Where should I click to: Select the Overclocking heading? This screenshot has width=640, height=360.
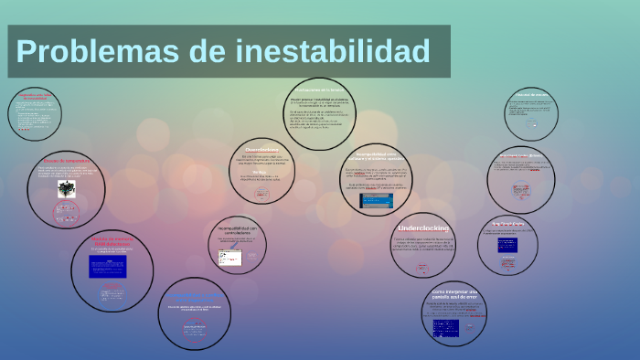tap(267, 149)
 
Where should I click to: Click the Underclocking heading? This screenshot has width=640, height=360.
tap(422, 228)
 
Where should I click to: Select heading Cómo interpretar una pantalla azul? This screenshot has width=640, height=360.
tap(454, 296)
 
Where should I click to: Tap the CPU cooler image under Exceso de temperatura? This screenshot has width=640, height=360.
tap(66, 189)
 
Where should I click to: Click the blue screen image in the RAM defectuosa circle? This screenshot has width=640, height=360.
tap(107, 266)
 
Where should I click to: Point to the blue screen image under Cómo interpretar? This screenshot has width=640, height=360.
tap(446, 327)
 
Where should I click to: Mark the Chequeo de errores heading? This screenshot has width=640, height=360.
tap(530, 93)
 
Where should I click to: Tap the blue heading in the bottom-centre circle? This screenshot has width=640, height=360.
tap(193, 296)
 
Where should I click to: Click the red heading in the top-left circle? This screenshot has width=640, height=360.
tap(37, 95)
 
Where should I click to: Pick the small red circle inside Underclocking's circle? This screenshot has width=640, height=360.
tap(422, 269)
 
